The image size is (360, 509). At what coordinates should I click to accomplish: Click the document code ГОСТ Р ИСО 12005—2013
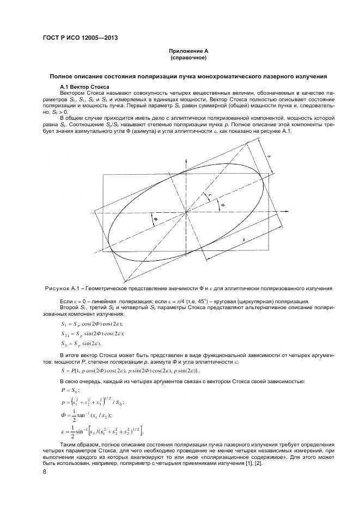(x=80, y=38)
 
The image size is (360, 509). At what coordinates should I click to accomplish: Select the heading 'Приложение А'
(x=188, y=51)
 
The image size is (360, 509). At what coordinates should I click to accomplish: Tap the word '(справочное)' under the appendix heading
(x=188, y=58)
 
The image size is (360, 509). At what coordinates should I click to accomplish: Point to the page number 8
(x=44, y=471)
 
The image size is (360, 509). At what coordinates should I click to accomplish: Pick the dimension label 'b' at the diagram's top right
(x=269, y=157)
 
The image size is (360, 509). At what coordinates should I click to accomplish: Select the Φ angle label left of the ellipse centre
(x=155, y=220)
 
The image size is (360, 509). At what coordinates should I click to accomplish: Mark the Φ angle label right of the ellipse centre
(x=222, y=205)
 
